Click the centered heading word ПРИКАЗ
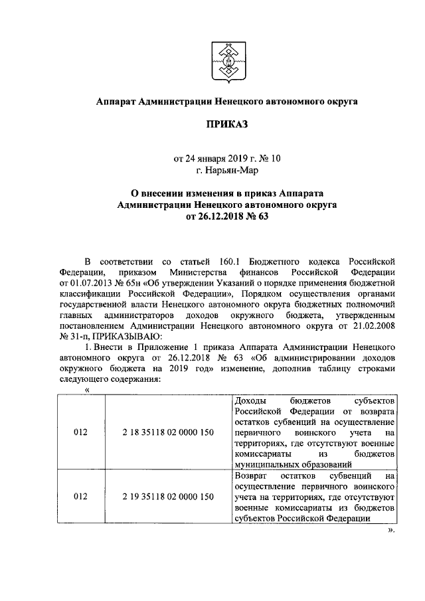pos(226,124)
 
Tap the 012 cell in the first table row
pos(80,432)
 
